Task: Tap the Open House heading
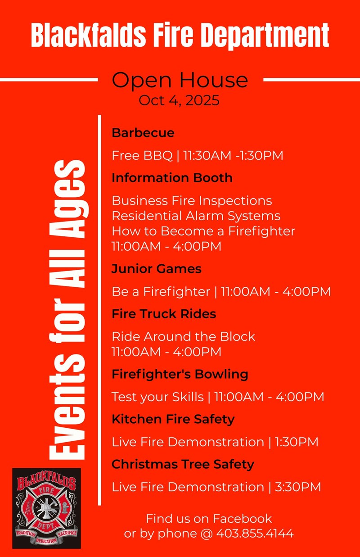(x=180, y=81)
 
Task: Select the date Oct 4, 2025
(x=179, y=100)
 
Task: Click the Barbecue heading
(x=143, y=133)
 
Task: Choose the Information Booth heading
(x=172, y=178)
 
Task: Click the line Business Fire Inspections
(x=192, y=200)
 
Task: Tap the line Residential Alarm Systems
(x=196, y=216)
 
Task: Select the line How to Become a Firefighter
(x=203, y=231)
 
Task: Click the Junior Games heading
(x=157, y=269)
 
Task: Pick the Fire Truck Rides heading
(x=164, y=314)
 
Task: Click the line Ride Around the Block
(x=183, y=336)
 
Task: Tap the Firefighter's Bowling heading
(x=180, y=374)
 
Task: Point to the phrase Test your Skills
(x=157, y=397)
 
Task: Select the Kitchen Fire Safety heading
(x=173, y=419)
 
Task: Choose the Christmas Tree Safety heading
(x=183, y=464)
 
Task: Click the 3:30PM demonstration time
(x=298, y=487)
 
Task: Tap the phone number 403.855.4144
(x=255, y=534)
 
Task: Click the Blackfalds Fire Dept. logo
(x=46, y=508)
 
